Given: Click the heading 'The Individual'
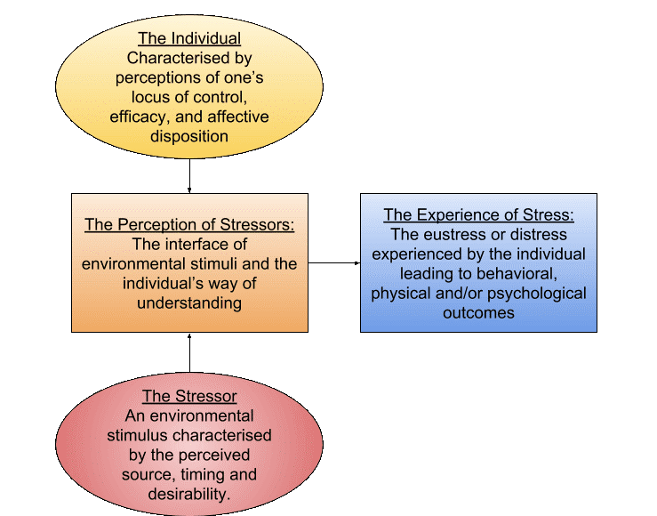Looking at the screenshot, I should (189, 39).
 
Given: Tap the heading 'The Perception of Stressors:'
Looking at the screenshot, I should (190, 225).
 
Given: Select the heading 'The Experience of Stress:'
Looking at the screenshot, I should (478, 215).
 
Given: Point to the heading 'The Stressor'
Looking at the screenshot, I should (189, 396).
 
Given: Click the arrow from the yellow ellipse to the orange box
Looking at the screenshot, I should (190, 173).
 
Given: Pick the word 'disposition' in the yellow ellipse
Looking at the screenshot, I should (189, 137).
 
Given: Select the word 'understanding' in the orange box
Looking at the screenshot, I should (190, 303).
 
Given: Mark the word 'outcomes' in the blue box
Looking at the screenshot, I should (477, 313).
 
